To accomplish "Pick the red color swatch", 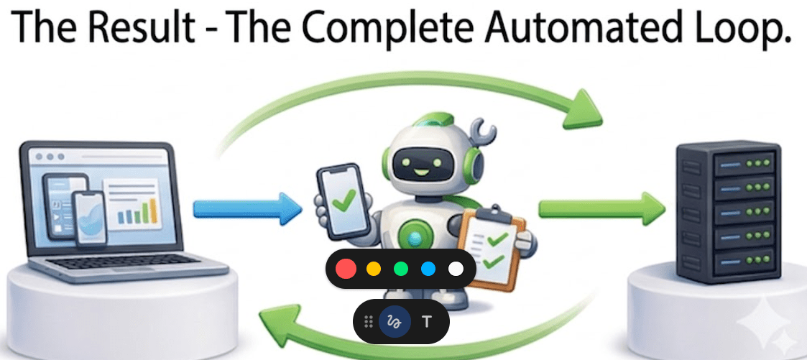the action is tap(346, 269).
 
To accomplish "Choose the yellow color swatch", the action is tap(374, 269).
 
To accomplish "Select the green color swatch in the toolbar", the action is tap(401, 269).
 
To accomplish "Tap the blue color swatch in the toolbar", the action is tap(428, 269).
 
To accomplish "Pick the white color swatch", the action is tap(456, 269).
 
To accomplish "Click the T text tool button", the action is tap(427, 321).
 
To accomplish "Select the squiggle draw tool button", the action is tap(395, 321).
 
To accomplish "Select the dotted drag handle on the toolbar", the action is tap(369, 321).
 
